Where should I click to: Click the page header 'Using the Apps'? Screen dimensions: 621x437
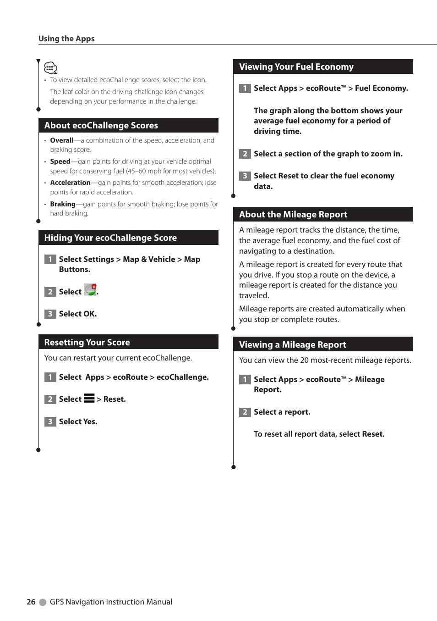(66, 39)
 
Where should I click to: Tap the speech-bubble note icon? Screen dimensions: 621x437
(50, 68)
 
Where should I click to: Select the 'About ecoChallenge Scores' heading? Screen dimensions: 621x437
(101, 125)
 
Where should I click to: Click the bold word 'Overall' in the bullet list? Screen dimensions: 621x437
(61, 140)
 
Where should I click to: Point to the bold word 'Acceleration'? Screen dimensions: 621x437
(70, 183)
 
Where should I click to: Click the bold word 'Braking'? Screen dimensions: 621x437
(63, 204)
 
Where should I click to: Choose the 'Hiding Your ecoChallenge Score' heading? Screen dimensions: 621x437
(110, 238)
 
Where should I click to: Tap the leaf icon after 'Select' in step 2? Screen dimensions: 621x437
(90, 290)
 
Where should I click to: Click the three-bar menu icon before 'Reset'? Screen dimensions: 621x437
(89, 398)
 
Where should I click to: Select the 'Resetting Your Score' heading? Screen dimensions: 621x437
(87, 342)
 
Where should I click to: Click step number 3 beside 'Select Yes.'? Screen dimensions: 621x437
(50, 421)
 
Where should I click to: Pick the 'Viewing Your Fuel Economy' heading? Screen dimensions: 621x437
(296, 67)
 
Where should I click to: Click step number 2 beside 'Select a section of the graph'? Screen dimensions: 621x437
(245, 154)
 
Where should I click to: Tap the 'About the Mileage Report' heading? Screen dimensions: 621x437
(293, 214)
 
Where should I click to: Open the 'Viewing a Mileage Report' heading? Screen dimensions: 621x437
(292, 344)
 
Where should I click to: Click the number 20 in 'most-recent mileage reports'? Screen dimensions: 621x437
(304, 360)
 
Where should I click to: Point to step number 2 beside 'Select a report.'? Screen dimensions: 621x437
(245, 412)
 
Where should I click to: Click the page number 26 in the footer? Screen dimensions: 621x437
(31, 602)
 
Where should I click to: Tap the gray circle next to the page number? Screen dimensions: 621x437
(43, 602)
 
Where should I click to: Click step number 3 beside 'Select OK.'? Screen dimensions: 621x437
(50, 314)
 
